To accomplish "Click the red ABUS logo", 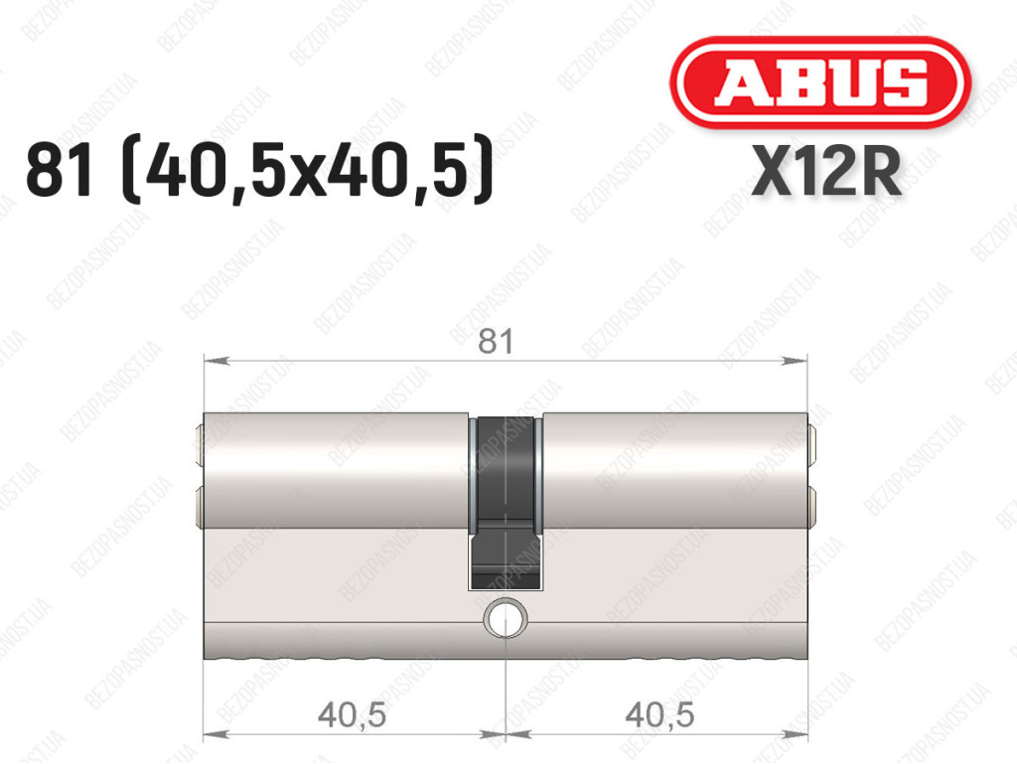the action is click(820, 82).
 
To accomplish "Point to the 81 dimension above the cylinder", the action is click(496, 341).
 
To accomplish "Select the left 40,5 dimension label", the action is click(353, 715).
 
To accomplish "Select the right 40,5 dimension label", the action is click(659, 715).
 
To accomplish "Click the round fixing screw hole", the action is click(506, 618).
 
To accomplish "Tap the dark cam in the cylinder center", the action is click(506, 503).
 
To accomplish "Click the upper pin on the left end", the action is click(199, 444).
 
